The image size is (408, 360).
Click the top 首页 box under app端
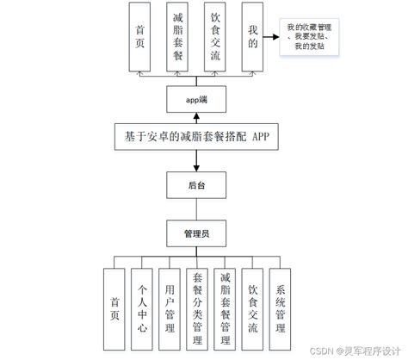click(140, 37)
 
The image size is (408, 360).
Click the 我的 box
click(252, 37)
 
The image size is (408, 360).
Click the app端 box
click(197, 101)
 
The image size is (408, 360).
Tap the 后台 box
click(197, 185)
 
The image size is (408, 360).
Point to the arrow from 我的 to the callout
click(274, 35)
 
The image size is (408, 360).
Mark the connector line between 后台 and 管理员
click(197, 208)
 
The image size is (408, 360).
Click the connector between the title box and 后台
click(197, 163)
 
